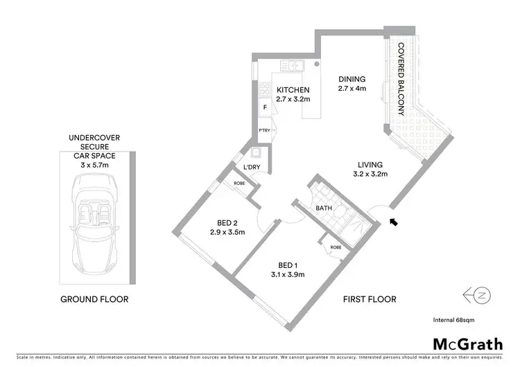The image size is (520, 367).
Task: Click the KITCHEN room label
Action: pyautogui.click(x=293, y=91)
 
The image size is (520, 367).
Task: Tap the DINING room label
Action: pyautogui.click(x=351, y=80)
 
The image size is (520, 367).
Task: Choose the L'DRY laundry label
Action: pyautogui.click(x=251, y=168)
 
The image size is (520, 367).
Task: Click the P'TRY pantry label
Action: pyautogui.click(x=264, y=129)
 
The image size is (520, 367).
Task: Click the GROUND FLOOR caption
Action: pyautogui.click(x=95, y=299)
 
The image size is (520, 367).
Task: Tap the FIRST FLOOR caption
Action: pyautogui.click(x=370, y=299)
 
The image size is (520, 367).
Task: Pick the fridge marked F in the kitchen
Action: pyautogui.click(x=264, y=108)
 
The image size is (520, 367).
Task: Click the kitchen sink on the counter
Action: pyautogui.click(x=295, y=67)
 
